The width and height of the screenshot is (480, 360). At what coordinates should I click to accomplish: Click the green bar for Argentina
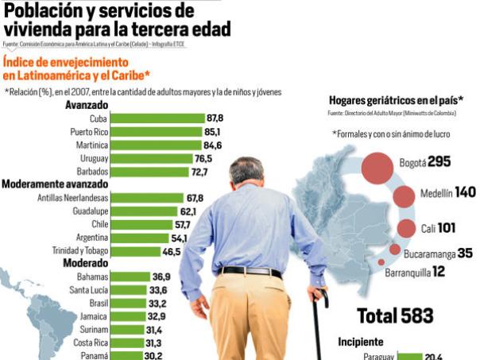tap(138, 237)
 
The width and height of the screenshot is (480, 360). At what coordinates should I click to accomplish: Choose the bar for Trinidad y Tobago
tap(135, 250)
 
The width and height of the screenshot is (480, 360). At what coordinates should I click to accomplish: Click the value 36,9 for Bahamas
tap(162, 277)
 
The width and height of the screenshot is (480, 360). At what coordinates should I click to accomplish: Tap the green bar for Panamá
tap(126, 356)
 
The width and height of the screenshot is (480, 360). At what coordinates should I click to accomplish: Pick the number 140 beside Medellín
tap(466, 192)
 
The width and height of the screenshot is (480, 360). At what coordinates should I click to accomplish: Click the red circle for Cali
tap(405, 228)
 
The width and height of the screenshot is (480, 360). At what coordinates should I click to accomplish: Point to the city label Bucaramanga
tap(429, 254)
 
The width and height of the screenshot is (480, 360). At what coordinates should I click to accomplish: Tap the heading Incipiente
tap(362, 341)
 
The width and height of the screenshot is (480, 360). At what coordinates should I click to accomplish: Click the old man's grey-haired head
tap(246, 172)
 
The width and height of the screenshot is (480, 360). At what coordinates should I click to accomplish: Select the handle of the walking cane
tap(319, 296)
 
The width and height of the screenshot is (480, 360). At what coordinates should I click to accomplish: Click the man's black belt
tap(250, 272)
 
